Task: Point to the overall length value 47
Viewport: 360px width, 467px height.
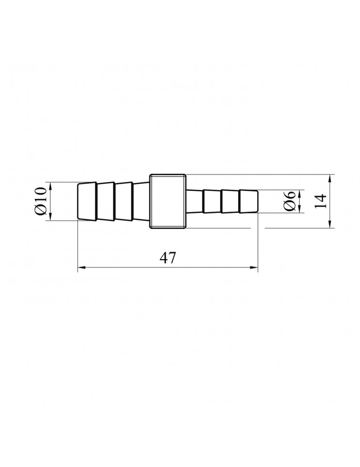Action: point(168,258)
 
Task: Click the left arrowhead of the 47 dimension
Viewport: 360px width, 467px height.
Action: point(82,268)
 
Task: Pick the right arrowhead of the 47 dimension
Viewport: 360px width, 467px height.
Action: point(254,268)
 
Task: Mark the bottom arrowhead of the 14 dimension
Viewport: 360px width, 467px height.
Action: point(330,224)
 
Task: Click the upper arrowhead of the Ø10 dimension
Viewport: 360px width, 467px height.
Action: point(49,186)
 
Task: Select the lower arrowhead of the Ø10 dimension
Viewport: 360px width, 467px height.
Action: point(49,217)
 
